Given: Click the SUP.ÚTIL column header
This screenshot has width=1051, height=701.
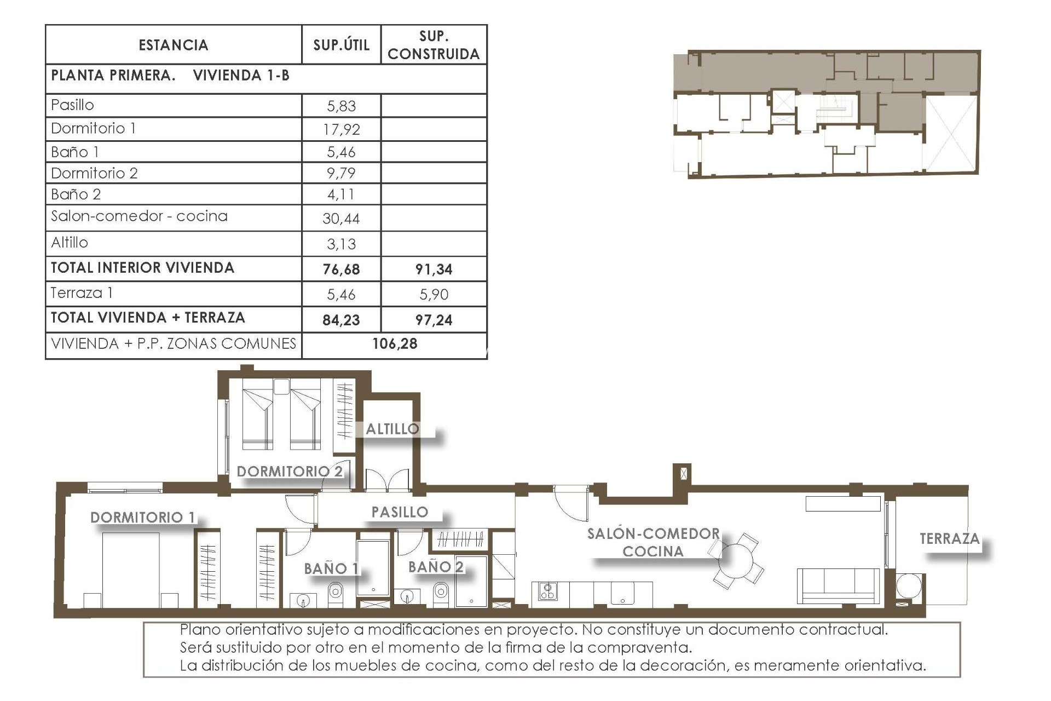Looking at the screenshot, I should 341,45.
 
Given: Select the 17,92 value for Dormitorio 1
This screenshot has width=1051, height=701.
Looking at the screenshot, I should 341,129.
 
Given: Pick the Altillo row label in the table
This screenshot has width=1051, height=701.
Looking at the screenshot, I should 70,242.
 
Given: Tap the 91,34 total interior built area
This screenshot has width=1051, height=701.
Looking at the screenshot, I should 434,269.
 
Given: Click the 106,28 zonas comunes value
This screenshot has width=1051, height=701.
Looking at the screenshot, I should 395,344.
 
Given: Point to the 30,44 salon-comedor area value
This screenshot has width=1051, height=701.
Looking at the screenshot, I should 341,219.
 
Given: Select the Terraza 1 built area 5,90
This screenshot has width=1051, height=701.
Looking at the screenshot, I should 434,295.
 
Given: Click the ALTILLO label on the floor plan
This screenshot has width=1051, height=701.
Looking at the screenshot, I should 392,429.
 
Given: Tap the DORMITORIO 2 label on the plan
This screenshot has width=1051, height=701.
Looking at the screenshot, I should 290,471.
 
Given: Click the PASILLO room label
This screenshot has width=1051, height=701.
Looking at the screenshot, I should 400,512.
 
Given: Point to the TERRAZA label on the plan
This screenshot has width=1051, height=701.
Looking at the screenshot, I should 949,539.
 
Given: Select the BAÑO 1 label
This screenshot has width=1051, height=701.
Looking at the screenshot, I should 331,568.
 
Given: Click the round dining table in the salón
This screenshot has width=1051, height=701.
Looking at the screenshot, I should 737,560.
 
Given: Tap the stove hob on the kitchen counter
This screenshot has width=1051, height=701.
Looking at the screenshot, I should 547,591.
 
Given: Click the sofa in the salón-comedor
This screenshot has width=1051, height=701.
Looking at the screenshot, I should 838,586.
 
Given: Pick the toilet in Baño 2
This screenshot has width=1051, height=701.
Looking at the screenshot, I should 440,592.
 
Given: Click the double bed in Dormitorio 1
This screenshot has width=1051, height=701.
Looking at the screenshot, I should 131,570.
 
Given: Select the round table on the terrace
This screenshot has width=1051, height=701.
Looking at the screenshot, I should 909,586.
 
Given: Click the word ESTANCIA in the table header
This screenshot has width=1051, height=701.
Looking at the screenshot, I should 173,45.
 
